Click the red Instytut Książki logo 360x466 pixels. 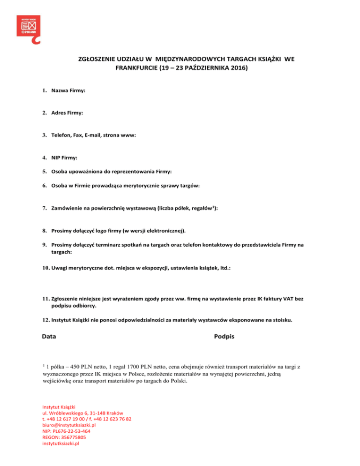point(28,27)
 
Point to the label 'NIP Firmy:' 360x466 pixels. point(65,158)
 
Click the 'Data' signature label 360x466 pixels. point(49,337)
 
